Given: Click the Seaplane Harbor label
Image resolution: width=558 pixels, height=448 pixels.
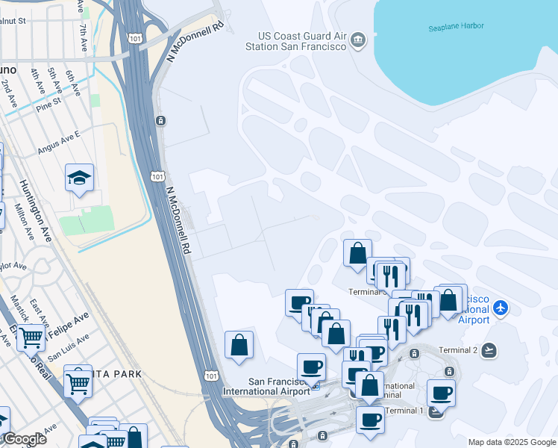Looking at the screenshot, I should (456, 26).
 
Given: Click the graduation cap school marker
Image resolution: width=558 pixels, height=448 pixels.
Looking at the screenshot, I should (79, 178).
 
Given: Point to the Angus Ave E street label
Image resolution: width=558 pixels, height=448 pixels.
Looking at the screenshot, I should (59, 142).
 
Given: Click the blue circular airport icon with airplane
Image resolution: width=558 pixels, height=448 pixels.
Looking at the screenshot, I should (501, 308).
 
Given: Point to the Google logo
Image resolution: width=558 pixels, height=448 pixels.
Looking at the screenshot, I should (24, 439).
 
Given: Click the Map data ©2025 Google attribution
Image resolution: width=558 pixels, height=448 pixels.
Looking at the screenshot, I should (511, 442).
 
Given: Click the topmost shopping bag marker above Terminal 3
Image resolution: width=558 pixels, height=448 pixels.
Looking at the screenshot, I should (357, 252).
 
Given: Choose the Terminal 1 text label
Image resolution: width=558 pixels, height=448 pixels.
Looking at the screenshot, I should (404, 411).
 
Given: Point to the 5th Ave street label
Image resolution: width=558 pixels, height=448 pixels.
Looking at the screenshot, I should (54, 79).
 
